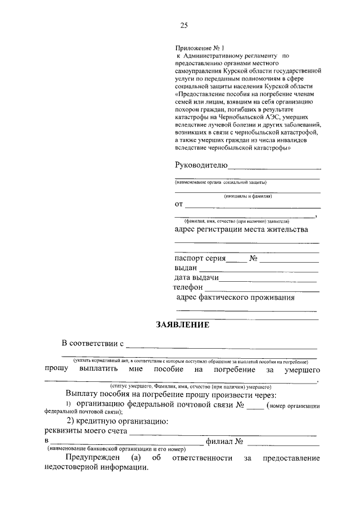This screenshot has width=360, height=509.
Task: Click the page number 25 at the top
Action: tap(183, 25)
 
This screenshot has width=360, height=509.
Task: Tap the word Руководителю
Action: tap(201, 165)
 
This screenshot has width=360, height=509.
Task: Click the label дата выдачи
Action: tap(196, 278)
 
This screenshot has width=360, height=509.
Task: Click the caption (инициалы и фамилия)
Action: tap(247, 196)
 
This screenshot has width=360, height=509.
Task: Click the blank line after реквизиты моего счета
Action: tap(222, 434)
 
